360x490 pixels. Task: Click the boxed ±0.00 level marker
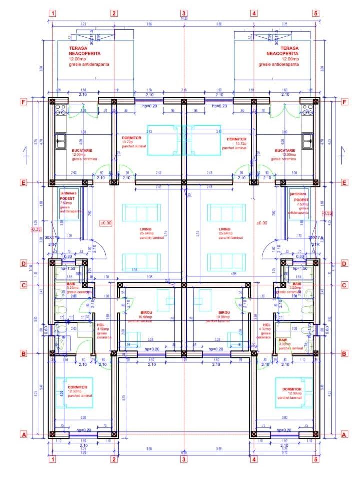pos(106,223)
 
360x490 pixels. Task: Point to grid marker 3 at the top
pos(184,13)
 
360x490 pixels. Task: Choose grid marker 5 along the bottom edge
pos(316,459)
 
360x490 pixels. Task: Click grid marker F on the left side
pos(23,102)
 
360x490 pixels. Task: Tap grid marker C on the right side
pos(344,285)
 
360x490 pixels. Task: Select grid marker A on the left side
pos(23,435)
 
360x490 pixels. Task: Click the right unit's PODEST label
pos(301,200)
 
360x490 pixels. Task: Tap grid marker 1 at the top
pos(53,13)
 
